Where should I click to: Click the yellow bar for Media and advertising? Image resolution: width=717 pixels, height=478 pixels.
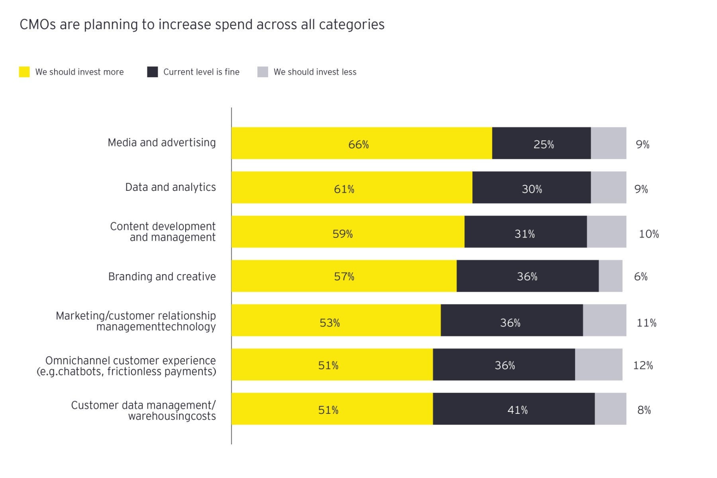[x=362, y=143]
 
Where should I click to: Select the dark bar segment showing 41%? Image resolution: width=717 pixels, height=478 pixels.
[x=514, y=409]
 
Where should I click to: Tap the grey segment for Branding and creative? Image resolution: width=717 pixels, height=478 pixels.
[x=611, y=276]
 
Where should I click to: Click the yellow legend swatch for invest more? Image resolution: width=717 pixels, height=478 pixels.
[x=24, y=72]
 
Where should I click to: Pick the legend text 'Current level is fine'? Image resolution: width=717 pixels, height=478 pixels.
[x=201, y=72]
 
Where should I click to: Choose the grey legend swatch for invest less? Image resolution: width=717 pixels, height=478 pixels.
[x=263, y=72]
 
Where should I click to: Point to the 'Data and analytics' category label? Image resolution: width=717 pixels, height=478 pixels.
[x=170, y=187]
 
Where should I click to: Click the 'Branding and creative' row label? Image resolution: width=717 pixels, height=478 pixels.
[x=162, y=276]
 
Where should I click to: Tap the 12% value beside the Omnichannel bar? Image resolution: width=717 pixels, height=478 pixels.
[x=643, y=365]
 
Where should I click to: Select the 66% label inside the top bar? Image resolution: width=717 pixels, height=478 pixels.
[x=358, y=145]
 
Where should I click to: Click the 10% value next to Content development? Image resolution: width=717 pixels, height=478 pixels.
[x=649, y=234]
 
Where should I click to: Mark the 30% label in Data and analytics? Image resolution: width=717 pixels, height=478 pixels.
[x=532, y=189]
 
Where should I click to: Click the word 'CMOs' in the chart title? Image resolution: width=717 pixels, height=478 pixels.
[x=38, y=25]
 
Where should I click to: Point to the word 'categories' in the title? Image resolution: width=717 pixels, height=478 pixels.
[x=352, y=25]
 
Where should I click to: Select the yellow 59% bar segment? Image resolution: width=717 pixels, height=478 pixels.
[x=348, y=232]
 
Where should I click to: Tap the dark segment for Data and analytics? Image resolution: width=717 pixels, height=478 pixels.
[x=531, y=188]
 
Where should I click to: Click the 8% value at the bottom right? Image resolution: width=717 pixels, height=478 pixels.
[x=644, y=410]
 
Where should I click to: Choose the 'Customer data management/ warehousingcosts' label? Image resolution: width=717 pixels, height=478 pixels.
[x=143, y=410]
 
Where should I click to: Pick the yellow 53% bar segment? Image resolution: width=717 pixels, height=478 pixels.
[x=336, y=320]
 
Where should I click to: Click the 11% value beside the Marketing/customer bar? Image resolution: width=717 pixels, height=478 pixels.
[x=646, y=323]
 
